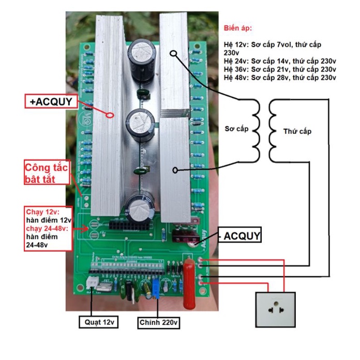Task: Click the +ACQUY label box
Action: point(50,101)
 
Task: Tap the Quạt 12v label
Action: point(99,322)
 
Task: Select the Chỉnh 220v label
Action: point(158,322)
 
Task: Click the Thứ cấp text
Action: point(297,131)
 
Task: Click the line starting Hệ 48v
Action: point(280,77)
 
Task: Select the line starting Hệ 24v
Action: point(280,61)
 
